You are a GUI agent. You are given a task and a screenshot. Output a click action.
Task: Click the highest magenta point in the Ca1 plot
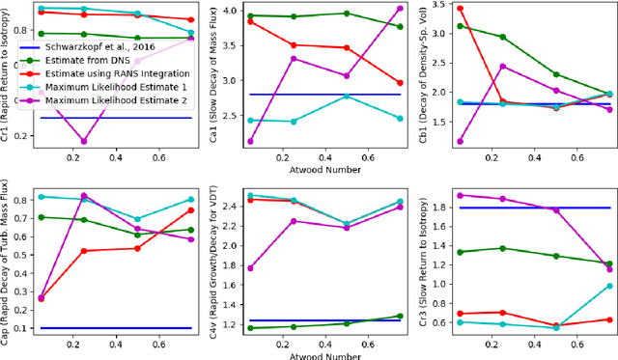pos(400,8)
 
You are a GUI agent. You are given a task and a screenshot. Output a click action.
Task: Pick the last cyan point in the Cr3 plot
pos(609,286)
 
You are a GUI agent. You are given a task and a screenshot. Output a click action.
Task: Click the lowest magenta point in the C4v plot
pos(251,268)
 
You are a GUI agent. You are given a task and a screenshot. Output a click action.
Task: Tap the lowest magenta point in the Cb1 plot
pos(459,141)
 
